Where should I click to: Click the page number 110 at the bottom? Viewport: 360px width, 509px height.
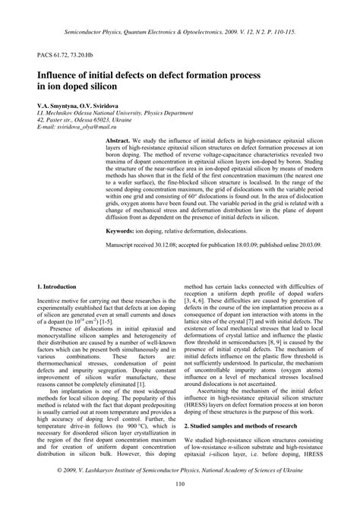180,485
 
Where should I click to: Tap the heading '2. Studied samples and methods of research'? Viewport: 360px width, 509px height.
243,426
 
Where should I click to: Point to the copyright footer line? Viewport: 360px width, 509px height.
180,470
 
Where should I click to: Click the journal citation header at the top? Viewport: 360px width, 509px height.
180,33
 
